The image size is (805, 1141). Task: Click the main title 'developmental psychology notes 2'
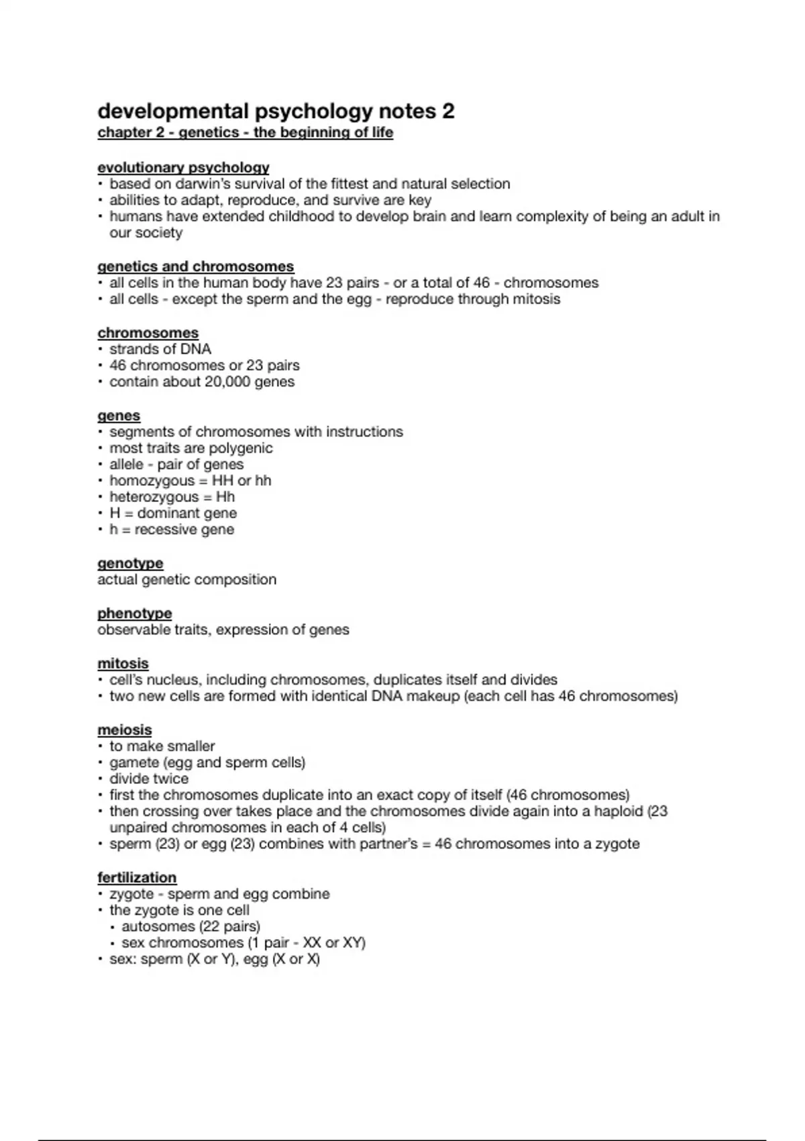pos(276,111)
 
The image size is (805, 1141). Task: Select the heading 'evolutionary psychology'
pos(183,167)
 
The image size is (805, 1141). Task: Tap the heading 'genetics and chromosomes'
pos(195,266)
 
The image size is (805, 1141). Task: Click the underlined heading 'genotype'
pos(130,563)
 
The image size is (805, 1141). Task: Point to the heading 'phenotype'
pos(134,613)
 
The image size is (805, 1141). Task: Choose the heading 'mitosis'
pos(123,663)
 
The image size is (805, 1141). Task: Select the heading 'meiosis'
pos(125,730)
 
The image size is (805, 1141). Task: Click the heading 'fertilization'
pos(137,877)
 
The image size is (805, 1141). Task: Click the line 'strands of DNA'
pos(160,349)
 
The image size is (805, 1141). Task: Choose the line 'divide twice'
pos(149,779)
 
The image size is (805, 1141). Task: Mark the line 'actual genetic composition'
pos(186,579)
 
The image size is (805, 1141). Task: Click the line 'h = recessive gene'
pos(172,530)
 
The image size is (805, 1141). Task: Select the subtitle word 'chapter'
pos(121,132)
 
